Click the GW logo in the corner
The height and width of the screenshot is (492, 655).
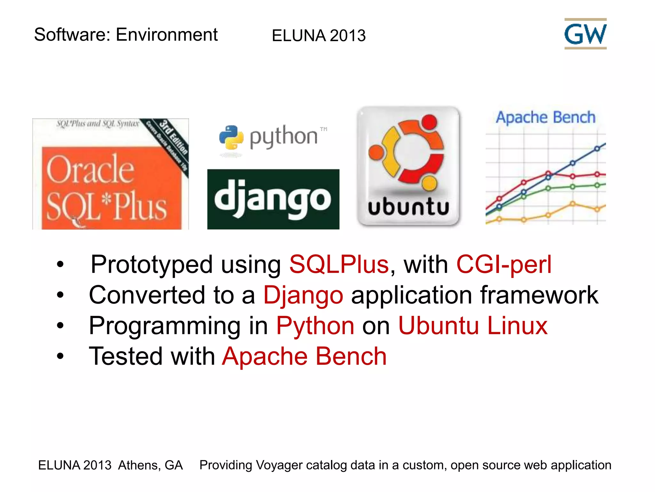(585, 34)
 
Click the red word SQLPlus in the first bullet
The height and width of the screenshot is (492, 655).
(339, 265)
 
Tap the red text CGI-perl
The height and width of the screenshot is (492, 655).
(504, 265)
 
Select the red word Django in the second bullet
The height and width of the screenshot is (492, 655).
(303, 295)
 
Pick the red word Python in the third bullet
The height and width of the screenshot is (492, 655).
(315, 326)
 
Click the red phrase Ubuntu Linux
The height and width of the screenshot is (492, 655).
(473, 326)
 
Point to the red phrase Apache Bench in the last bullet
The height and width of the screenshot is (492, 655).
(304, 356)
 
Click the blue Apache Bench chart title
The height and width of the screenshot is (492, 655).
(545, 117)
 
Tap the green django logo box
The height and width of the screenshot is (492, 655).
(273, 199)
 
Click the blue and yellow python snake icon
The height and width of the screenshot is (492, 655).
(231, 137)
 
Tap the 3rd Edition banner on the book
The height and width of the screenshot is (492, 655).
(173, 136)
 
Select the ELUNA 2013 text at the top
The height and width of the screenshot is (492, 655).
(319, 36)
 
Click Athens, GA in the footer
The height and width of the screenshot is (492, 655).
(150, 465)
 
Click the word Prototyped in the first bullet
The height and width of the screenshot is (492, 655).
(152, 265)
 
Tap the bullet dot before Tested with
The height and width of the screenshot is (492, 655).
(60, 356)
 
